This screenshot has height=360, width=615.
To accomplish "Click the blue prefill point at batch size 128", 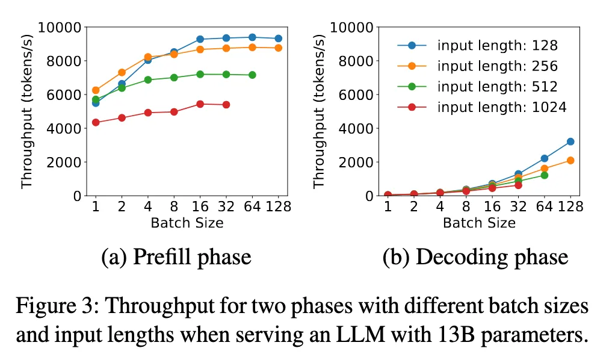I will (278, 39).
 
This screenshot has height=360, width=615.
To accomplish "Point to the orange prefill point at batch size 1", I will (95, 90).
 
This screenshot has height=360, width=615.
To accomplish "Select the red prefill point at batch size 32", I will (226, 105).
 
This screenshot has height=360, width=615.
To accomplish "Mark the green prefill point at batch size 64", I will (252, 75).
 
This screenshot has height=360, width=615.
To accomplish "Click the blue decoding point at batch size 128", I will (570, 141).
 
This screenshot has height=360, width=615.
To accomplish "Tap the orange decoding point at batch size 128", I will (570, 160).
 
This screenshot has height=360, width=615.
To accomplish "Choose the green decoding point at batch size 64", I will (544, 175).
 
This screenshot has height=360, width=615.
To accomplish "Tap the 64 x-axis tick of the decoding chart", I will (544, 207).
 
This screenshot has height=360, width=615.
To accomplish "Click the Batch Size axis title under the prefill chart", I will (187, 223).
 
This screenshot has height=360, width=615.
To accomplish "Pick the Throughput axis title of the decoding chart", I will (320, 111).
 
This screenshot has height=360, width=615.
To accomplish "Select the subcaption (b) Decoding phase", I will (475, 258).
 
